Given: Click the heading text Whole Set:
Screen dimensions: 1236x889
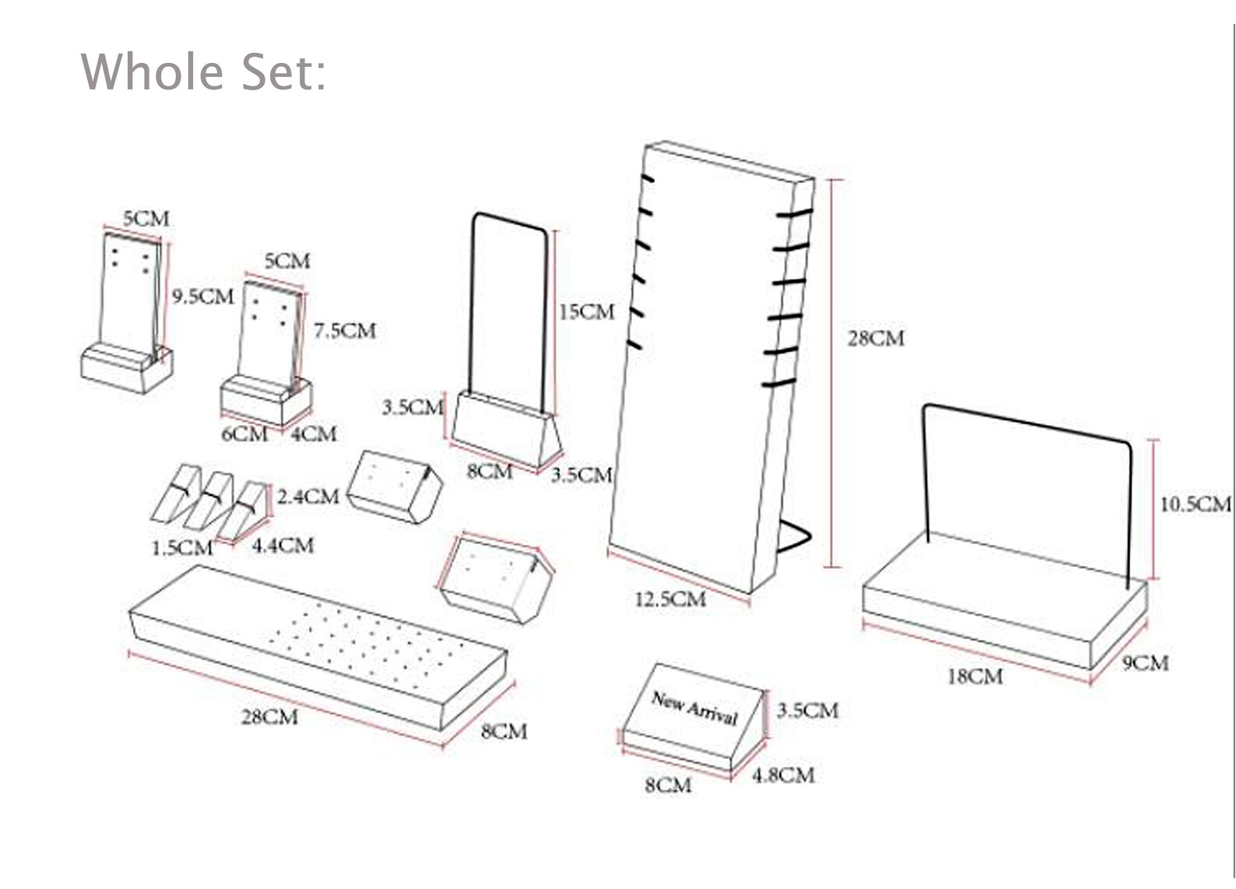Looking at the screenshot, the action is (204, 71).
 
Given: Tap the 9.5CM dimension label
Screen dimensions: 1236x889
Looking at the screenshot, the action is (203, 297).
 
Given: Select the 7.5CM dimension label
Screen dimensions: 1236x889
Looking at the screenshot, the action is (345, 331).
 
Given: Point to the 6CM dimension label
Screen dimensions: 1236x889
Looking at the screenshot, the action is (244, 434).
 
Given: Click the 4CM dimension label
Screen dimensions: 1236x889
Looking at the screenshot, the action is (314, 434).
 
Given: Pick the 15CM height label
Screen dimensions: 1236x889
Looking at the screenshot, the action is (587, 312).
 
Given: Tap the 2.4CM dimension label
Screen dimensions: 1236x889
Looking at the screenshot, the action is (307, 497).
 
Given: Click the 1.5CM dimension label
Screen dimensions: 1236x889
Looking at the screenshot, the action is (182, 548).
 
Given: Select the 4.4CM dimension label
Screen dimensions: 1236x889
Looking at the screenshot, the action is (283, 546).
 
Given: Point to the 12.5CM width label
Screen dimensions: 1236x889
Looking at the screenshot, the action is (670, 599).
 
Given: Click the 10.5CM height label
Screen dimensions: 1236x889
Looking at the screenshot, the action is (1196, 504).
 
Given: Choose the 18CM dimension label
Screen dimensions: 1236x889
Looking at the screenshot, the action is (975, 676).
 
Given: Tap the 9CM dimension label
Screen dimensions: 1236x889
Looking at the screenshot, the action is (1146, 662).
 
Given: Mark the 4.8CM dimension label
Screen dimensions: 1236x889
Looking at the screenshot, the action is (784, 775).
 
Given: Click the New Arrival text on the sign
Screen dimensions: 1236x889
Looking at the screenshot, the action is (694, 708).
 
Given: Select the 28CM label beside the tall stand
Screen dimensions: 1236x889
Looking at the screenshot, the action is (876, 339).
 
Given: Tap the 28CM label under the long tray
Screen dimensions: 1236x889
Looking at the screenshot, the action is (269, 718).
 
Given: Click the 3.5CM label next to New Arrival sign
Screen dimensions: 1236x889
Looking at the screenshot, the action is (808, 710).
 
